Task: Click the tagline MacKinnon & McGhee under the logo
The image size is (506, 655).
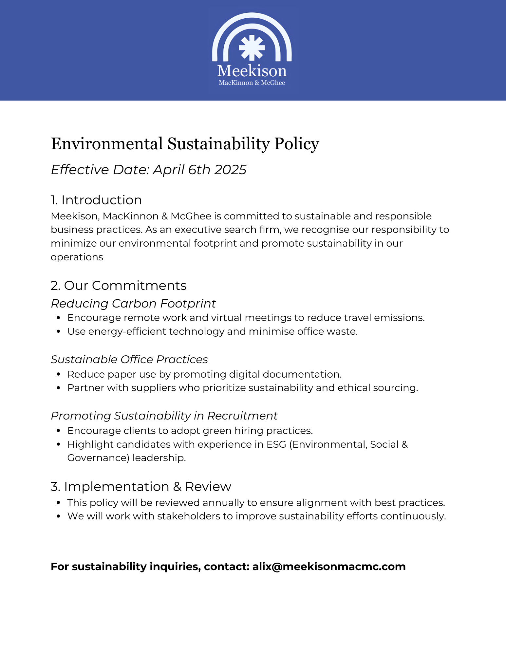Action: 252,83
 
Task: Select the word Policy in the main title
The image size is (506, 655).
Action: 296,144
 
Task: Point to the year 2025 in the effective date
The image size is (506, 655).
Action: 230,170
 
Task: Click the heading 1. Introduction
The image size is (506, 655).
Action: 96,200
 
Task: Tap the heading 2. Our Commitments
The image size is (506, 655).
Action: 119,286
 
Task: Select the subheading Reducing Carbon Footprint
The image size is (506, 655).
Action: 133,304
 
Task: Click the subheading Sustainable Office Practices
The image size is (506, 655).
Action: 129,360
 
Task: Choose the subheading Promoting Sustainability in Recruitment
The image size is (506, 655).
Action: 164,416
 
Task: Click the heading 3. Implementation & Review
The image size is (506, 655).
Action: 141,487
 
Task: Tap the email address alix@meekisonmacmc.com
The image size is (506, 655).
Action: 329,567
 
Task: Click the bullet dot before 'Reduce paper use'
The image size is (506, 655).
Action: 59,374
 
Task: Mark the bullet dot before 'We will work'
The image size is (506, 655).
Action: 59,516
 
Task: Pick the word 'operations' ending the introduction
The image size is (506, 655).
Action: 77,257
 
